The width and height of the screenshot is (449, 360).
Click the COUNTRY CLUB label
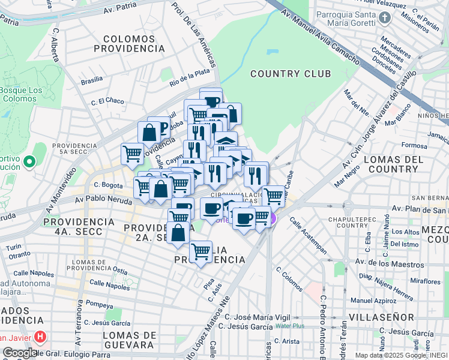(291, 74)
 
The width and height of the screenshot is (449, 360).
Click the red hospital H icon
(40, 337)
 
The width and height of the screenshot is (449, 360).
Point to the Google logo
(20, 353)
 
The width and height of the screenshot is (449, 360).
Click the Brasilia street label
(92, 80)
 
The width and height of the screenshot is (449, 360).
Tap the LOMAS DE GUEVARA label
(128, 340)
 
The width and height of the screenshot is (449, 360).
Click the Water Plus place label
(290, 326)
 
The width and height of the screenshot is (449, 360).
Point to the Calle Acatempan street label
(308, 235)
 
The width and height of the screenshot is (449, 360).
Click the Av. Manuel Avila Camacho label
(328, 39)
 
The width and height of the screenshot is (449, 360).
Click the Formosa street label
(415, 146)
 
